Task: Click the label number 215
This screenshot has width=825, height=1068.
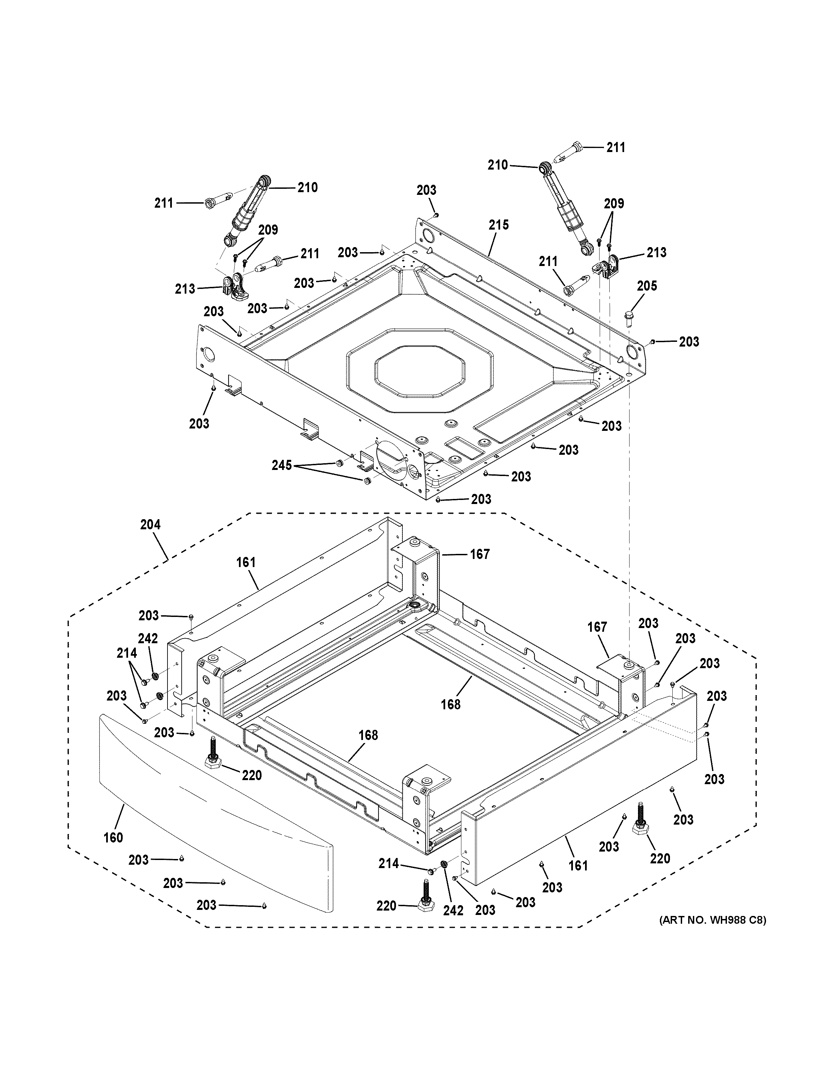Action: [498, 225]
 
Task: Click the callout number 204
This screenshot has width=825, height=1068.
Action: [150, 525]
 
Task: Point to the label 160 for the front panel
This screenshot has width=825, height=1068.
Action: [113, 838]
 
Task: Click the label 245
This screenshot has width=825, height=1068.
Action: [282, 466]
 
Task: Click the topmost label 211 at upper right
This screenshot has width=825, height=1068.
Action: [616, 147]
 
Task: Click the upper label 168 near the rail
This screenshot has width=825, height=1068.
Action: [450, 704]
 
